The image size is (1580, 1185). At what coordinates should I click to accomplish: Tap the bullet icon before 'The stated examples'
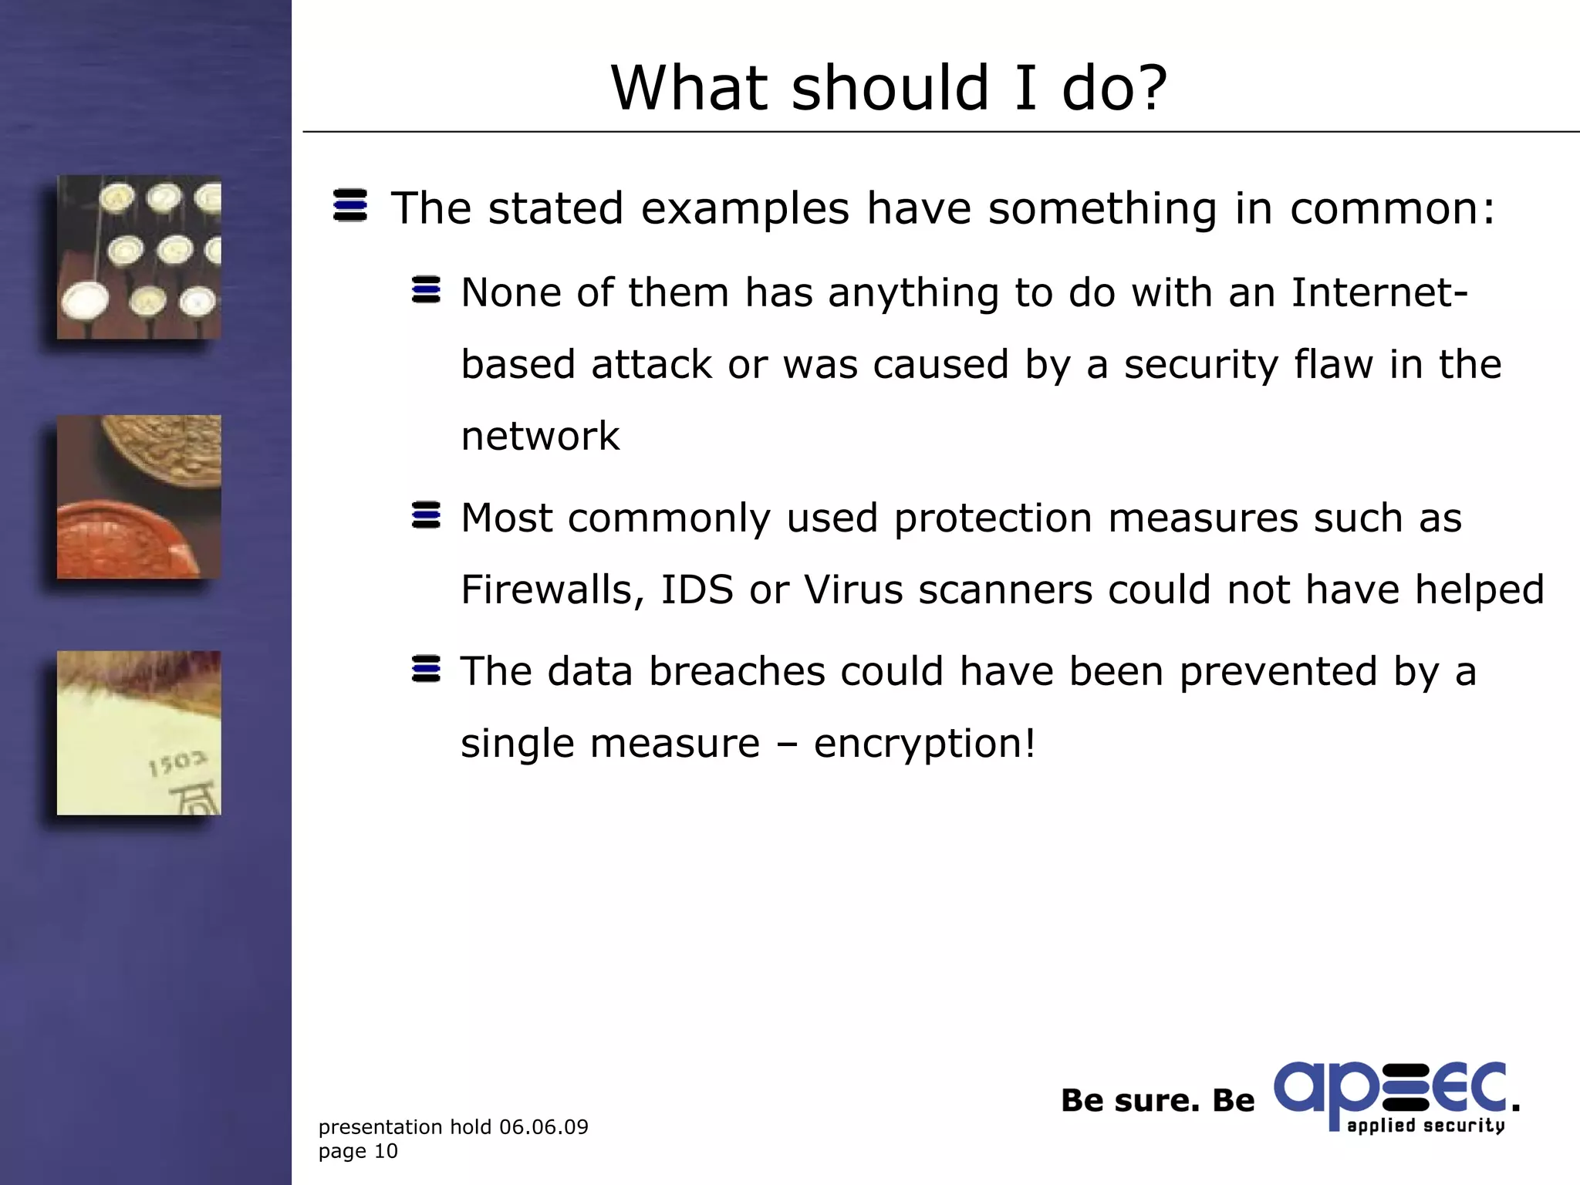click(350, 205)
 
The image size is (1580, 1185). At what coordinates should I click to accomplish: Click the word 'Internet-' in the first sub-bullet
click(1379, 292)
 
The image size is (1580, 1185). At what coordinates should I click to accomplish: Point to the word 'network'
click(540, 437)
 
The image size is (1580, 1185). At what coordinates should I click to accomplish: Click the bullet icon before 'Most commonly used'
click(426, 515)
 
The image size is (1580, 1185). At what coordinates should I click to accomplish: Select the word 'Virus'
click(853, 590)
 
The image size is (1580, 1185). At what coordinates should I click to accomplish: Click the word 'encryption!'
click(924, 744)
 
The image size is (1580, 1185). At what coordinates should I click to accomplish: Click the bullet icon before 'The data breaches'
click(426, 669)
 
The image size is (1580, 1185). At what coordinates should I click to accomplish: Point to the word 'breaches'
click(737, 671)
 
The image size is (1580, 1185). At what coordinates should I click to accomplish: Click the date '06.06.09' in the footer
click(543, 1127)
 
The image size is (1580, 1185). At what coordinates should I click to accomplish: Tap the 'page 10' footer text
click(358, 1151)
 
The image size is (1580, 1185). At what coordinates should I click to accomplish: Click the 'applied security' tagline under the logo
click(1426, 1126)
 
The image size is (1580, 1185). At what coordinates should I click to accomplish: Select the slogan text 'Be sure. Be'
click(1157, 1101)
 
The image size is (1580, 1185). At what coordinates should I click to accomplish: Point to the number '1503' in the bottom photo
click(177, 764)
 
